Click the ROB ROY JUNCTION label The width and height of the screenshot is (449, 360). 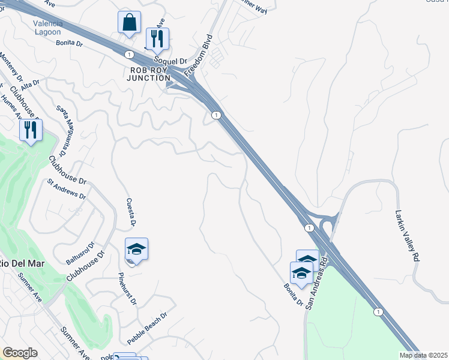[x=149, y=74]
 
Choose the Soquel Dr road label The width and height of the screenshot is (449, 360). [x=171, y=61]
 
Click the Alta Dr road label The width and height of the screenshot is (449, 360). [x=29, y=85]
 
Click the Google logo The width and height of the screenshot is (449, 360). [x=20, y=353]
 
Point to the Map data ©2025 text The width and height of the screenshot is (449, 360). [x=423, y=355]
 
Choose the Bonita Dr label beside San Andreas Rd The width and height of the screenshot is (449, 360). [x=293, y=293]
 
